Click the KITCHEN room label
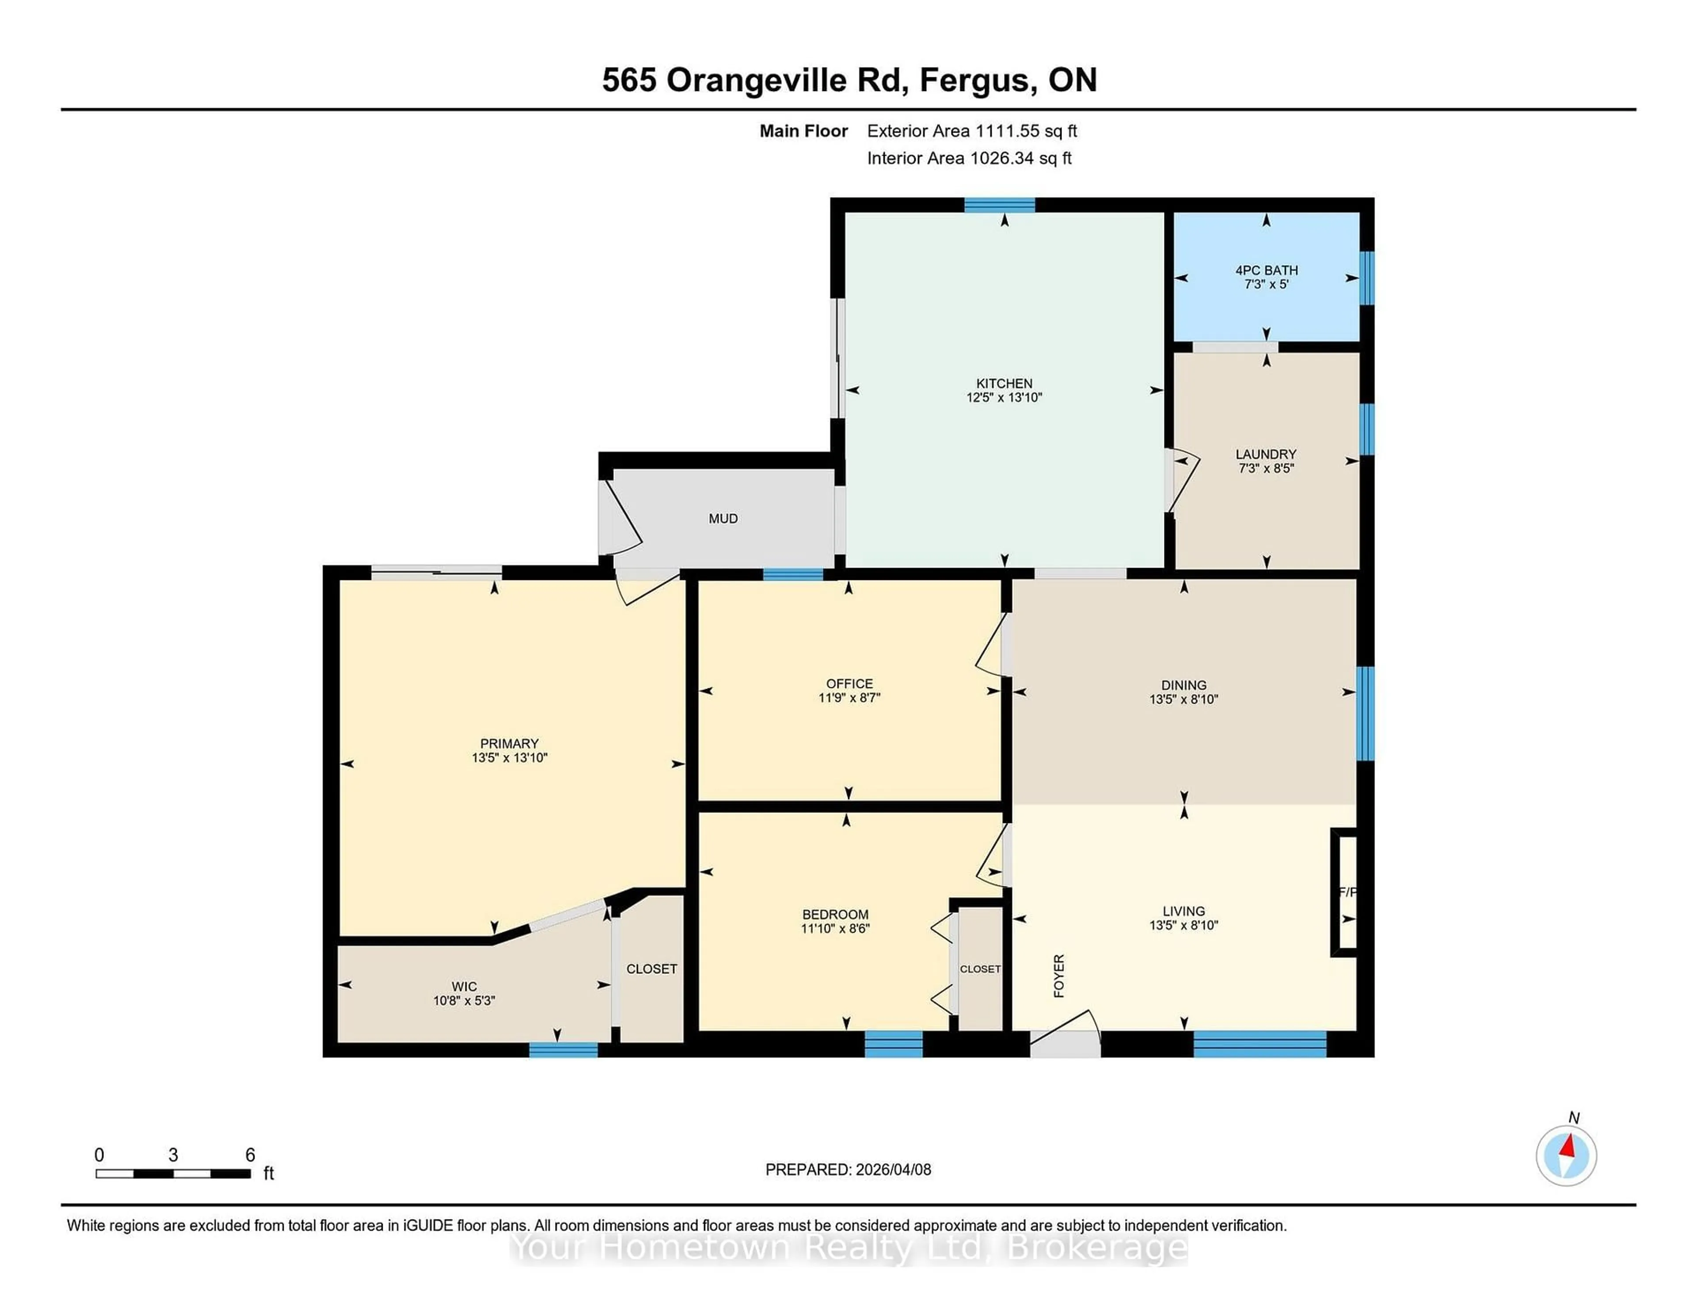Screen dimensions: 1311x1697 [1004, 383]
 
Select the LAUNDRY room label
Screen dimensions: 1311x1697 [1266, 454]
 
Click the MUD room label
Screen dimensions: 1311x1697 [723, 518]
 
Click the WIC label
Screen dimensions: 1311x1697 [464, 986]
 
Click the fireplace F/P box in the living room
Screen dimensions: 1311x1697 [1346, 892]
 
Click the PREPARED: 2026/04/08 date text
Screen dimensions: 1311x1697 [848, 1170]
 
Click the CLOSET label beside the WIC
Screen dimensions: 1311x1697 [651, 968]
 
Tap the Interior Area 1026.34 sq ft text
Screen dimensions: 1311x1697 [969, 159]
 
